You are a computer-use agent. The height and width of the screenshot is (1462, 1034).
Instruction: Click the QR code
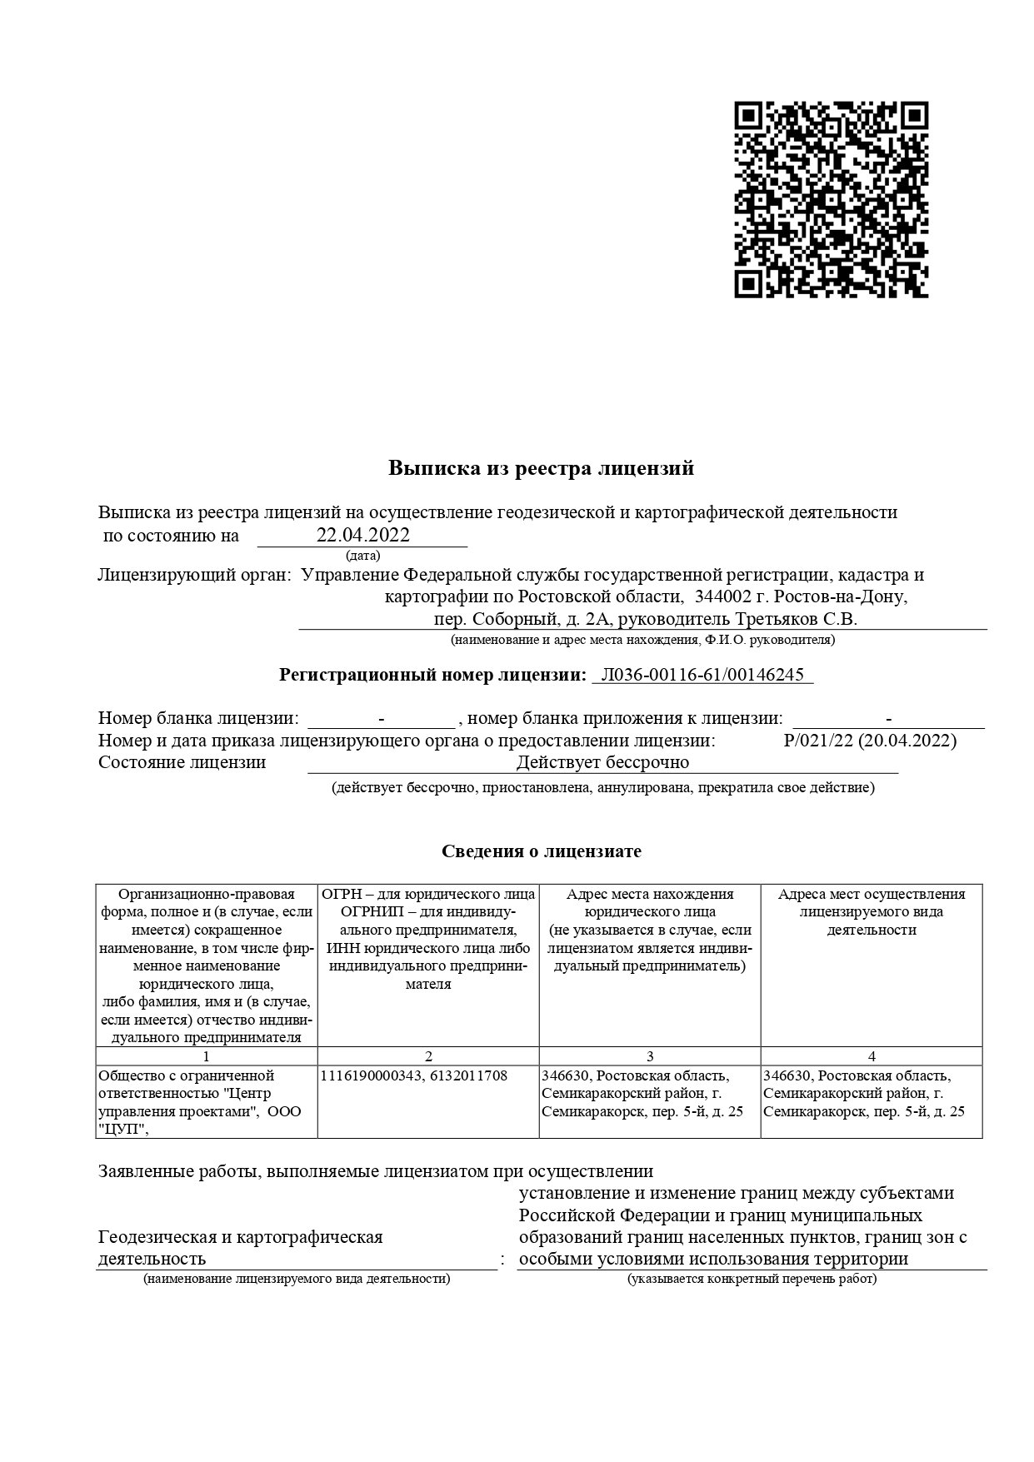pos(831,200)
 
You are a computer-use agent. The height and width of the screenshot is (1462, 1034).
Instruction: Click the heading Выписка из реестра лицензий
pos(541,468)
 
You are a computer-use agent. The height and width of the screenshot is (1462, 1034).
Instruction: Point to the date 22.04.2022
pos(363,535)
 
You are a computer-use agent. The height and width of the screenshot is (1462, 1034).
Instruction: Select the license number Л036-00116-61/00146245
pos(702,675)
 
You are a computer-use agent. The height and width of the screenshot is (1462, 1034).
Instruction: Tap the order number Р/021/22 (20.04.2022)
pos(870,741)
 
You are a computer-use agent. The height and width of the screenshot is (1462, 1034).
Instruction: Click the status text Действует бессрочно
pos(602,762)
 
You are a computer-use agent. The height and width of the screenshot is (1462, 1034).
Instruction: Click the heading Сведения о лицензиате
pos(541,851)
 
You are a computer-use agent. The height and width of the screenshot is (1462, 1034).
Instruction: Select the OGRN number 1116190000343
pos(369,1075)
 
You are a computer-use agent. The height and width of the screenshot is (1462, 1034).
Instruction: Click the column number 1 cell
pos(207,1056)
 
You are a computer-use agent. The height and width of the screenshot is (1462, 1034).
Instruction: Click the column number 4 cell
pos(872,1056)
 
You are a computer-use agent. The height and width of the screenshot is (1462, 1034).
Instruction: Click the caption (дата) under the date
pos(362,555)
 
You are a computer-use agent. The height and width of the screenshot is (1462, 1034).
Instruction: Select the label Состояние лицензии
pos(182,762)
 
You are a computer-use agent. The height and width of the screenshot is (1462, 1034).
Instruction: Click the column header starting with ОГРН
pos(428,939)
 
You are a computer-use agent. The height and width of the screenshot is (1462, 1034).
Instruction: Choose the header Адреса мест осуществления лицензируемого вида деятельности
pos(872,911)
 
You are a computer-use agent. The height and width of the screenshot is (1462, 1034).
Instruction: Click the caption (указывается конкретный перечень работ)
pos(752,1279)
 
